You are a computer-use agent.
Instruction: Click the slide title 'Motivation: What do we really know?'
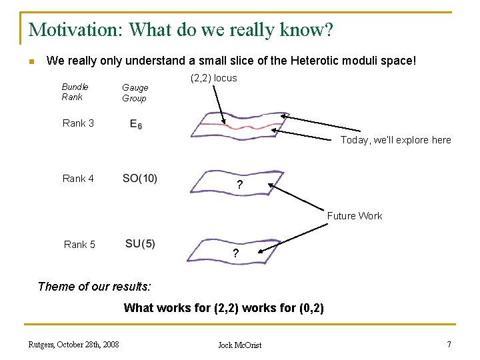[181, 30]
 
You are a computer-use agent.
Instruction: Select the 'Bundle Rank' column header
[75, 92]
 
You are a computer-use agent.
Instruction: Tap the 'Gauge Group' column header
[135, 93]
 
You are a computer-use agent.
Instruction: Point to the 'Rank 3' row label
[78, 123]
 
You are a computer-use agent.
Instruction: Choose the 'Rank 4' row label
[78, 179]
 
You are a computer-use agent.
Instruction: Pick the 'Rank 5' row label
[79, 245]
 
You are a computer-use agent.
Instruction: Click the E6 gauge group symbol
[136, 124]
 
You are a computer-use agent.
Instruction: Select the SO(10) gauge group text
[140, 179]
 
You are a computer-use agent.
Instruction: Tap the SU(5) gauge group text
[140, 244]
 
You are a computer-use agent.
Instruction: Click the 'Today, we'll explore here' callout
[395, 140]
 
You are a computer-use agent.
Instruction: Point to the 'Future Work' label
[354, 216]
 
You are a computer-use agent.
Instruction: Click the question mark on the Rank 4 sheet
[239, 185]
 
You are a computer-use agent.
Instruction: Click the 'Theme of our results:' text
[95, 287]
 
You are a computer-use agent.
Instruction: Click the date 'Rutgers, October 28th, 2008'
[73, 344]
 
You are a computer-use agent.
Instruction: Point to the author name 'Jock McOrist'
[240, 345]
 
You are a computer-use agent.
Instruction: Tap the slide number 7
[449, 344]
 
